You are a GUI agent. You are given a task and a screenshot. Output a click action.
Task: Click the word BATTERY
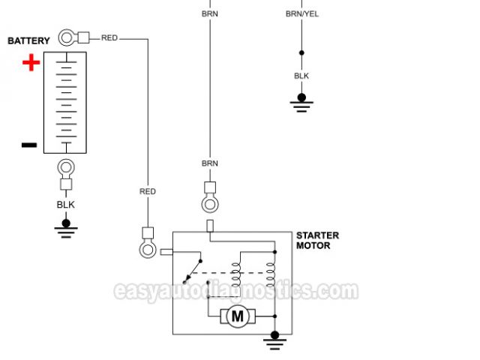tap(28, 40)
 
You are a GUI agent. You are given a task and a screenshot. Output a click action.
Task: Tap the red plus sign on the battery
tap(31, 63)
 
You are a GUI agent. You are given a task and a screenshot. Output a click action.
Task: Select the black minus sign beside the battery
tap(28, 145)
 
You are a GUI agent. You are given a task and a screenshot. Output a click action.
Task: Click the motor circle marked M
tap(238, 316)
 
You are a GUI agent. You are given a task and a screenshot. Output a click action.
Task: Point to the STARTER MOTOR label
tap(317, 240)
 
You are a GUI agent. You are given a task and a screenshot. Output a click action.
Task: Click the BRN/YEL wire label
tap(301, 13)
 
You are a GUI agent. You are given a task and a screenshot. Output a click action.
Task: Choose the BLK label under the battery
tap(66, 204)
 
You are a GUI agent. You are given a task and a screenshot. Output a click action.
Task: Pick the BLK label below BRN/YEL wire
tap(301, 76)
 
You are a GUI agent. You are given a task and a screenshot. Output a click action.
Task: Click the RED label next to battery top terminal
tap(109, 37)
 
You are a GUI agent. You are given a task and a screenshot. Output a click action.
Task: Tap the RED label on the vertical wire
tap(148, 191)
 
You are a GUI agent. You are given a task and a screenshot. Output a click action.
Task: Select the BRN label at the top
tap(210, 13)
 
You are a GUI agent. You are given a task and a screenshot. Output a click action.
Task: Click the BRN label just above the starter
tap(210, 163)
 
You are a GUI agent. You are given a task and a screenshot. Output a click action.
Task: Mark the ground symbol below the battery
tap(66, 227)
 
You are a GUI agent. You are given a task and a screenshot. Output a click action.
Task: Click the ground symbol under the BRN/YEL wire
tap(301, 101)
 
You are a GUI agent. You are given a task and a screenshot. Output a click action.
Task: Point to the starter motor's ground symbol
tap(275, 340)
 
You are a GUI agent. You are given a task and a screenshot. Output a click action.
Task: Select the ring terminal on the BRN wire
tap(210, 203)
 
